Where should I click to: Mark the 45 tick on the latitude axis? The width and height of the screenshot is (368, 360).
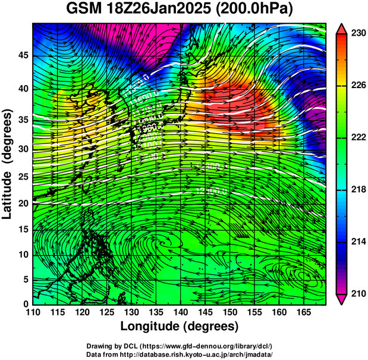click(x=23, y=55)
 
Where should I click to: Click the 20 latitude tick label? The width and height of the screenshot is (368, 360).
click(x=23, y=203)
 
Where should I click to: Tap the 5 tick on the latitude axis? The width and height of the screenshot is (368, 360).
click(x=26, y=279)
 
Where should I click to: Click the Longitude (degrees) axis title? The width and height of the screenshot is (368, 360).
click(x=180, y=327)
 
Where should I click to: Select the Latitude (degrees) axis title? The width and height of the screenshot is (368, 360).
click(x=8, y=162)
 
